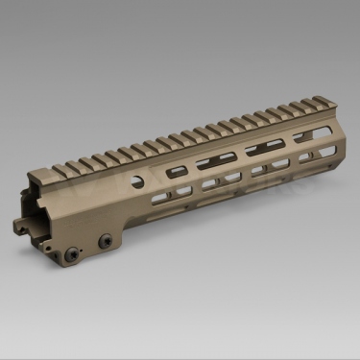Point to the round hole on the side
pos(142,180)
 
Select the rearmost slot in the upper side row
pos(178,171)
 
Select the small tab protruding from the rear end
pos(24,227)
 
